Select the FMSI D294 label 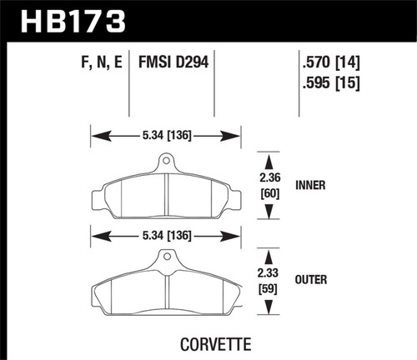point(178,61)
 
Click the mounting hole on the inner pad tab point(166,161)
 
